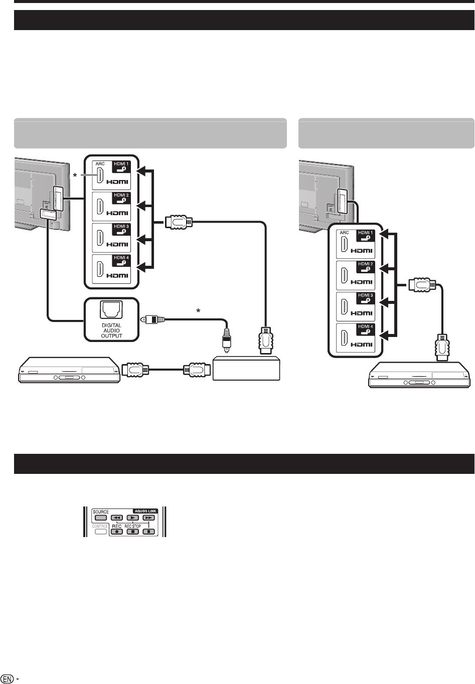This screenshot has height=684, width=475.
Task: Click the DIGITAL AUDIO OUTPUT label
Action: (x=111, y=330)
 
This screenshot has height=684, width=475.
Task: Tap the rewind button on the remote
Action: (x=117, y=518)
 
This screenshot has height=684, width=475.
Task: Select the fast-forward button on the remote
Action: (x=148, y=518)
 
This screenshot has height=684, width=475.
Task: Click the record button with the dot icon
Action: (x=117, y=531)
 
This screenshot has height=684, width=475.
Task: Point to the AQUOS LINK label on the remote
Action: (x=145, y=511)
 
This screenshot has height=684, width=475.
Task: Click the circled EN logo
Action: (x=7, y=677)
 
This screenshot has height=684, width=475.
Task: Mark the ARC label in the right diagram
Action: (x=344, y=233)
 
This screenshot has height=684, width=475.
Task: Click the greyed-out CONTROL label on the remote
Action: (x=100, y=527)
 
